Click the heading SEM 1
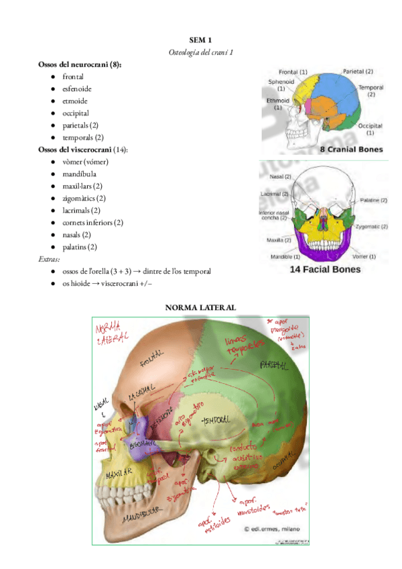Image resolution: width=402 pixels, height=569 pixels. click(x=200, y=40)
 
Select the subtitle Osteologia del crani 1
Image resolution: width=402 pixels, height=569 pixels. click(x=200, y=52)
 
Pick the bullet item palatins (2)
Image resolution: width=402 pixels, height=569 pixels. click(x=80, y=247)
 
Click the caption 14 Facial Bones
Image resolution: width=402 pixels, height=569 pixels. click(x=325, y=270)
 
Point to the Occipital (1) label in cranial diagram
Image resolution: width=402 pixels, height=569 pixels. click(x=371, y=128)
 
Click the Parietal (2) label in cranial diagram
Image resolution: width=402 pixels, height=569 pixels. click(x=358, y=71)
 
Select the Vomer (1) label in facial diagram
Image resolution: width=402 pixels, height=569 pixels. click(x=363, y=256)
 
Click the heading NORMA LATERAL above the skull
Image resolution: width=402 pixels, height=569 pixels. click(x=201, y=307)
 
